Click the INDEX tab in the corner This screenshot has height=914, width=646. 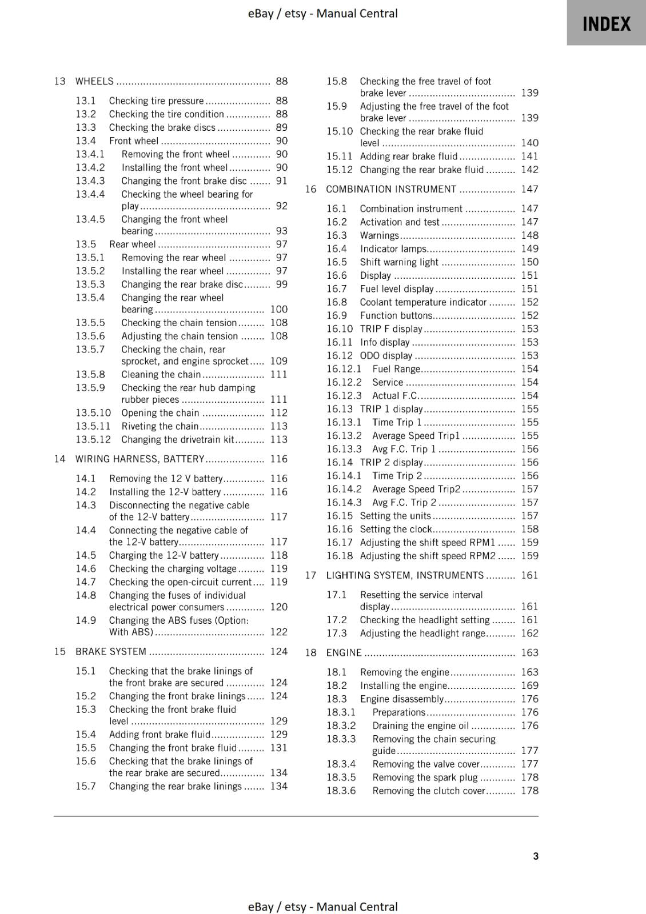tap(606, 23)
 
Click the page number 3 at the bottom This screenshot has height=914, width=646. tap(535, 856)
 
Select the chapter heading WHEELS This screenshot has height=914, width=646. tap(94, 81)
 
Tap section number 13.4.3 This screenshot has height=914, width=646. tap(90, 181)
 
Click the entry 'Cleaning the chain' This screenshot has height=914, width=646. tap(161, 374)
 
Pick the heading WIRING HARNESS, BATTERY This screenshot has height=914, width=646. tap(139, 459)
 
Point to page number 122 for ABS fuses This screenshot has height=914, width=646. tap(278, 632)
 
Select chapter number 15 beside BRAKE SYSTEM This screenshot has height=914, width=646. tap(59, 651)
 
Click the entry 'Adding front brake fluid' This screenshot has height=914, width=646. tap(159, 734)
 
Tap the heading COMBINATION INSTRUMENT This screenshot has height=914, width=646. tap(391, 189)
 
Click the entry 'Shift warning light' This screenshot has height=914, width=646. tap(399, 262)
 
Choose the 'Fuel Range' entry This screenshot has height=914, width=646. tap(396, 369)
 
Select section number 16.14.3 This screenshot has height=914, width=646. tap(344, 502)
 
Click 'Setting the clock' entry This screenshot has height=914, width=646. tap(396, 529)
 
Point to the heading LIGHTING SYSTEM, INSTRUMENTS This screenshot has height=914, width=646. tap(405, 575)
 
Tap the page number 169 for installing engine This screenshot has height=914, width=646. tap(529, 685)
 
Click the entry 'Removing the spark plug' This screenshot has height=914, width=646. tap(425, 777)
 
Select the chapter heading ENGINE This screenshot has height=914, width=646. tap(344, 652)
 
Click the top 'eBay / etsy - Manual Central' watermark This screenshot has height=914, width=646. tap(322, 13)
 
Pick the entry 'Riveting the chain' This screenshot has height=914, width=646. tap(159, 426)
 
